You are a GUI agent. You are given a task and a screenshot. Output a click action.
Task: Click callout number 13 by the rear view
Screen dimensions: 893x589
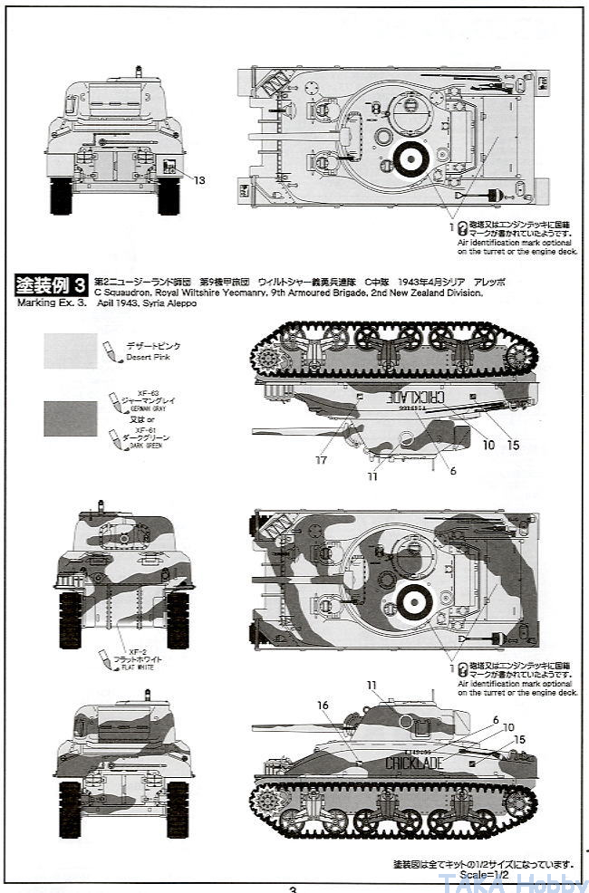(x=200, y=180)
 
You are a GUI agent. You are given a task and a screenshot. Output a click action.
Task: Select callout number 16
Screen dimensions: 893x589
(x=323, y=705)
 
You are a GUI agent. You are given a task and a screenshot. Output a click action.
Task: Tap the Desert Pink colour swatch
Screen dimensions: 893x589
(x=70, y=350)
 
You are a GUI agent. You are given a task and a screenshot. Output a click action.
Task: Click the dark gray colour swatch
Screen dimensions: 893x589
(x=70, y=418)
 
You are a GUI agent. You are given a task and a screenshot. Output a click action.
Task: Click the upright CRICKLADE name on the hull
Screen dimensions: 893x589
(x=414, y=763)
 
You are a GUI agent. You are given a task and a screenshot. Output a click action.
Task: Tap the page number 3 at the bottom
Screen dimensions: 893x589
(x=293, y=888)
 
